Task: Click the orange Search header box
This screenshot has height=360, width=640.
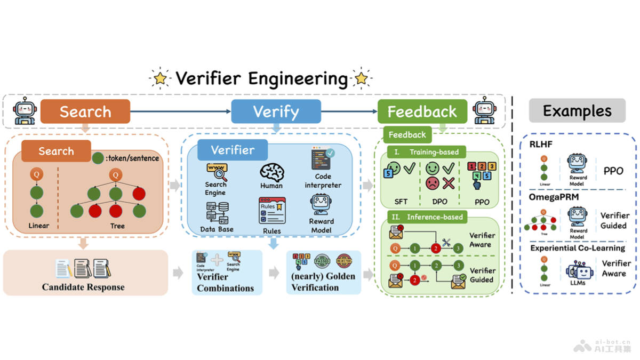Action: (x=85, y=111)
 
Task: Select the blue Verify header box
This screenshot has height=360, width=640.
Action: (x=276, y=111)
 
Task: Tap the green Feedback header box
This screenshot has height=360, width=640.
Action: (x=422, y=111)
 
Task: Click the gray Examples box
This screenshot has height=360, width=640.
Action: (x=577, y=111)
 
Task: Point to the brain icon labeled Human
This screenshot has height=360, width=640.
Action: (x=271, y=172)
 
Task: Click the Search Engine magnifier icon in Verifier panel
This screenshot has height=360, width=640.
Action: (x=217, y=172)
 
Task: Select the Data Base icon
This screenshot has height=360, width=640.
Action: (x=218, y=213)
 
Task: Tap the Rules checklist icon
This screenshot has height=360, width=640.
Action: (x=272, y=211)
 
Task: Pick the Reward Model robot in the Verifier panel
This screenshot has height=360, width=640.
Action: (x=321, y=205)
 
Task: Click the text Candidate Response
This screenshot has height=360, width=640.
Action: (x=83, y=287)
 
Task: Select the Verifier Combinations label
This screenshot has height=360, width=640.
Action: (x=225, y=283)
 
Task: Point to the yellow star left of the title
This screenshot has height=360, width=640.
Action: (x=160, y=78)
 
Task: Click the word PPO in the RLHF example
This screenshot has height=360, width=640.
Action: (x=613, y=172)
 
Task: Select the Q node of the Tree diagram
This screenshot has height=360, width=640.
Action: (x=116, y=174)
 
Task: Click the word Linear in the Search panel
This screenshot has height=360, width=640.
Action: (x=38, y=226)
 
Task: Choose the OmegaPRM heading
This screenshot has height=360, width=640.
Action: (x=554, y=197)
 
